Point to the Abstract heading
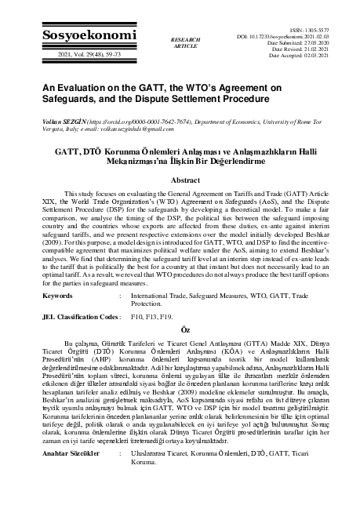pyautogui.click(x=180, y=180)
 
